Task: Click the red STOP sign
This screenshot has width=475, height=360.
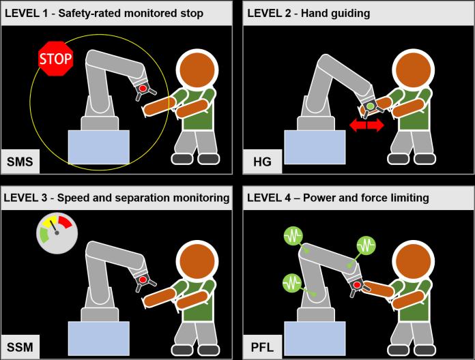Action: coord(55,59)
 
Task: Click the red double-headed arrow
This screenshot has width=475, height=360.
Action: coord(366,125)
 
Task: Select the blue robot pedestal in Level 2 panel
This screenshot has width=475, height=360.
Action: coord(314,146)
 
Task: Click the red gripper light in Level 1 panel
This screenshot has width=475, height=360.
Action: coord(143,89)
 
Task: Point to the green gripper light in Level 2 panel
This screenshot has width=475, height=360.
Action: coord(370,107)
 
